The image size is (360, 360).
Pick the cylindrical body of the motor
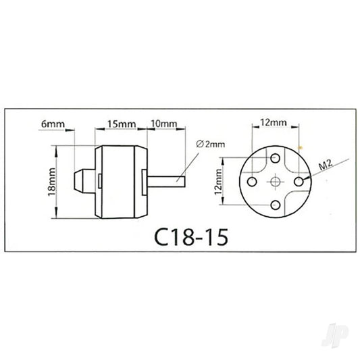click(x=122, y=180)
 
